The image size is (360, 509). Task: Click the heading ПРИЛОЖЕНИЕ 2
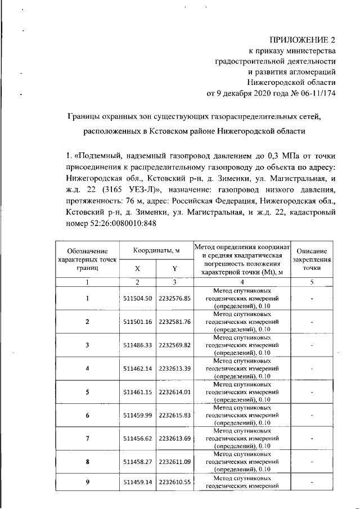tap(303, 40)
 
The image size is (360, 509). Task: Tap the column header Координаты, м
tap(156, 250)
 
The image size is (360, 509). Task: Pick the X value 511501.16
tap(138, 322)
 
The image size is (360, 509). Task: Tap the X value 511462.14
tap(138, 368)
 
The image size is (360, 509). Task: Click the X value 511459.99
tap(138, 415)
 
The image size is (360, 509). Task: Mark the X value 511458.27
tap(138, 462)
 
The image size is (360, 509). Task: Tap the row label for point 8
tap(87, 462)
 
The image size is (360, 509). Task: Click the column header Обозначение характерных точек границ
tap(87, 259)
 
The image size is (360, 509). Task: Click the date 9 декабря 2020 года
tap(251, 93)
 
